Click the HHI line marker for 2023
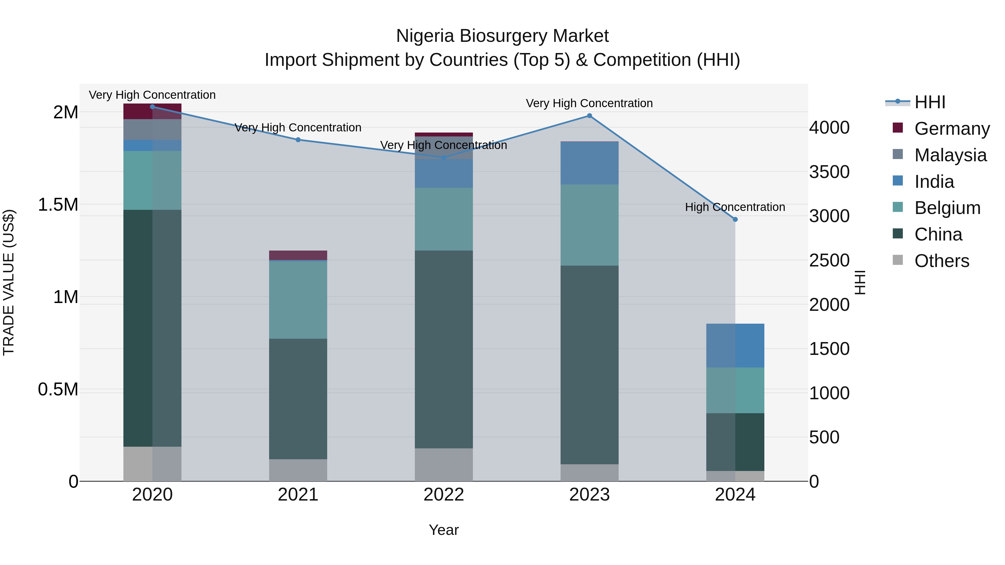(x=590, y=116)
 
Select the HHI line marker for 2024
(x=735, y=220)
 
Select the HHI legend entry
(x=929, y=102)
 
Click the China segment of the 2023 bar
(x=590, y=365)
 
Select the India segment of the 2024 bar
(x=735, y=345)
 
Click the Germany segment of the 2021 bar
(x=298, y=255)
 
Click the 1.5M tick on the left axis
(x=58, y=205)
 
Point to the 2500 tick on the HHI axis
(x=829, y=261)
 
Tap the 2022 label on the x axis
(x=444, y=495)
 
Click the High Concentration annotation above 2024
(x=735, y=207)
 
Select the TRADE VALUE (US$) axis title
(x=9, y=282)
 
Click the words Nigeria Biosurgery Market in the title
(x=502, y=36)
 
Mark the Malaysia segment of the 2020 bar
(x=152, y=129)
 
